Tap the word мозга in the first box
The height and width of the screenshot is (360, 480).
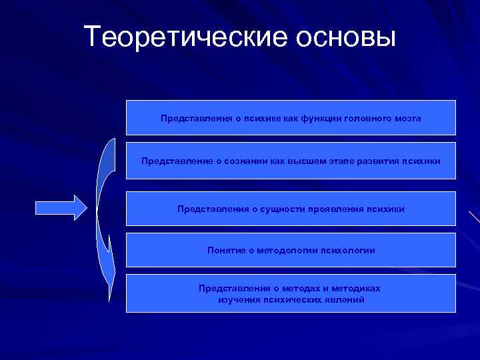(x=407, y=118)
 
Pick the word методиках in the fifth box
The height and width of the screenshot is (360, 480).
(x=356, y=289)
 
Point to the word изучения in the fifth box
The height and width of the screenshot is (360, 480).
(x=239, y=301)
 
